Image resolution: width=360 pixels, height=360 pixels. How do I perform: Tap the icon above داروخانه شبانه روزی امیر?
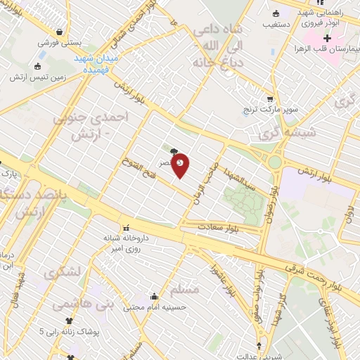pos(127,228)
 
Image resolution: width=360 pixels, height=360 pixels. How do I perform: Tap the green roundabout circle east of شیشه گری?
pos(275,162)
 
